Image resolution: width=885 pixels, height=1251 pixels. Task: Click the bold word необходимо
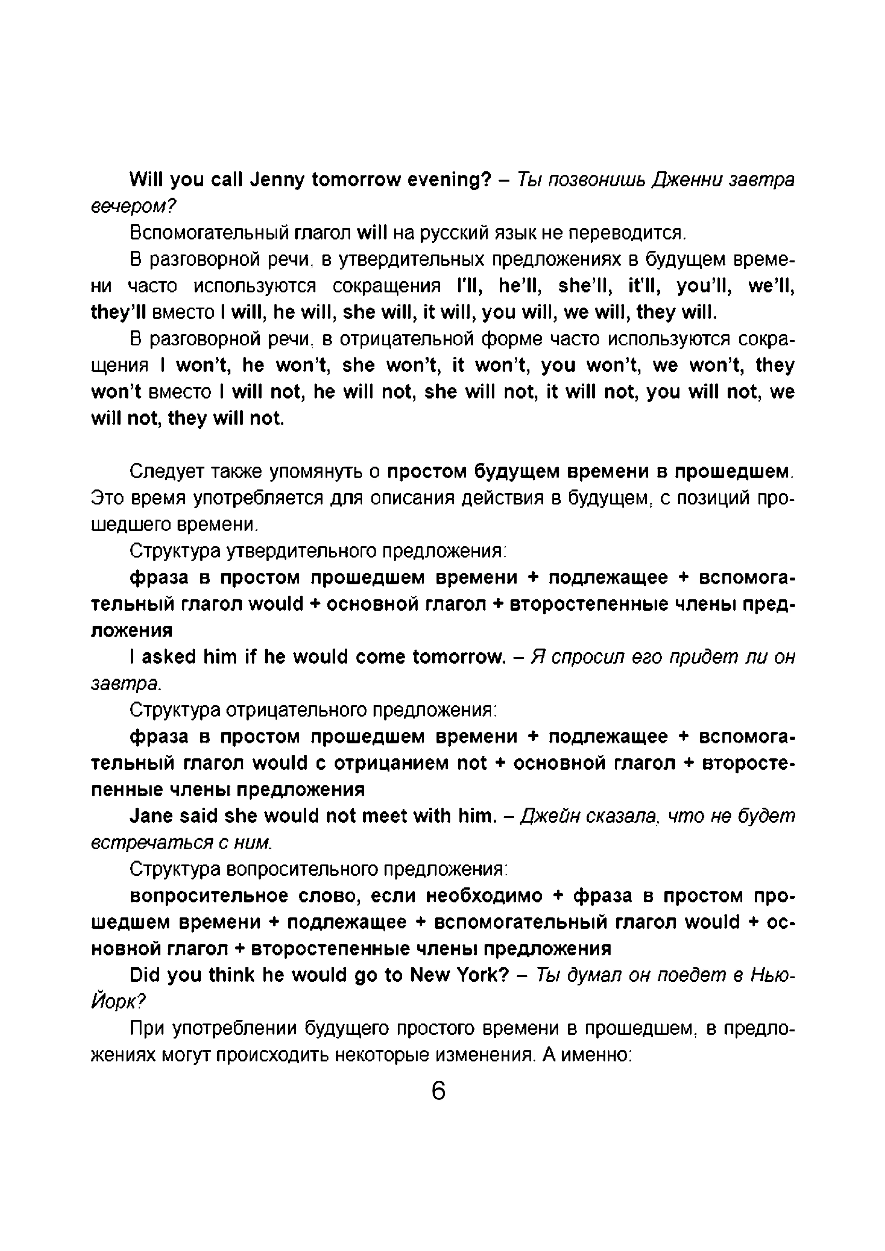point(484,896)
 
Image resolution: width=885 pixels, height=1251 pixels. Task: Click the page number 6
point(438,1091)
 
